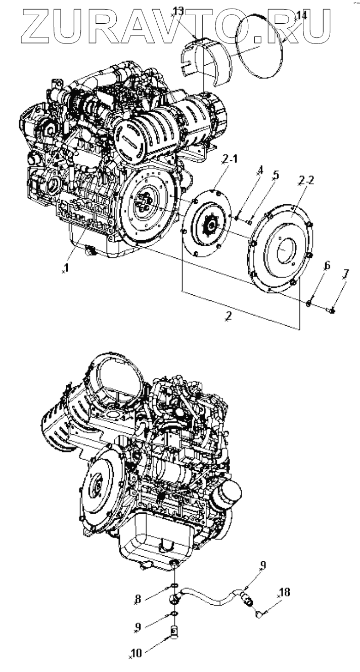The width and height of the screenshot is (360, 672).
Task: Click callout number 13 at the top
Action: point(178,11)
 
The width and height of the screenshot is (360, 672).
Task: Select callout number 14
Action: point(301,16)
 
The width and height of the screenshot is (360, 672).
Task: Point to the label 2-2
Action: point(306,182)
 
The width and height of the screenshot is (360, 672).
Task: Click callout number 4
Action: point(260,172)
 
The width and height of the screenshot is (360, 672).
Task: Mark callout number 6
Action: point(327,264)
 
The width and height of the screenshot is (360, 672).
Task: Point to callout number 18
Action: point(285,592)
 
